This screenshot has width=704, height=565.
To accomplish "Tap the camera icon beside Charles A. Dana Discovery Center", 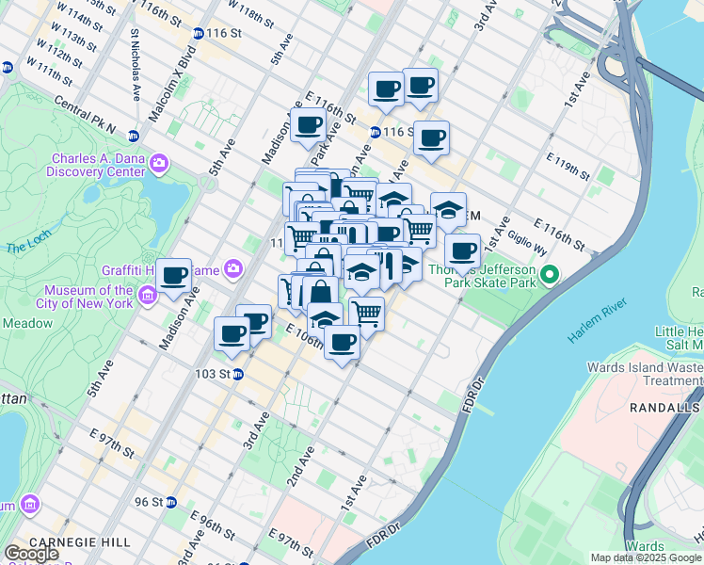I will [158, 164].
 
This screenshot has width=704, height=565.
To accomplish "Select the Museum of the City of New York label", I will [88, 297].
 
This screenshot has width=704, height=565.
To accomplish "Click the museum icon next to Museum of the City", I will [148, 298].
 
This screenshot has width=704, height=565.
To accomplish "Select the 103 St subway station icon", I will [238, 374].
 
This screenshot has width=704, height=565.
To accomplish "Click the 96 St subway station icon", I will [170, 502].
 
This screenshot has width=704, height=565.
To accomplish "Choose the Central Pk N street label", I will [85, 115].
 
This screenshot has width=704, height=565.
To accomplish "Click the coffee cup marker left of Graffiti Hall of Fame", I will [174, 275].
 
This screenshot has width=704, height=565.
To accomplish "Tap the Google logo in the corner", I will [32, 553].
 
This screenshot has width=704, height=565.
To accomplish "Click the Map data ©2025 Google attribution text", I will [645, 557].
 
